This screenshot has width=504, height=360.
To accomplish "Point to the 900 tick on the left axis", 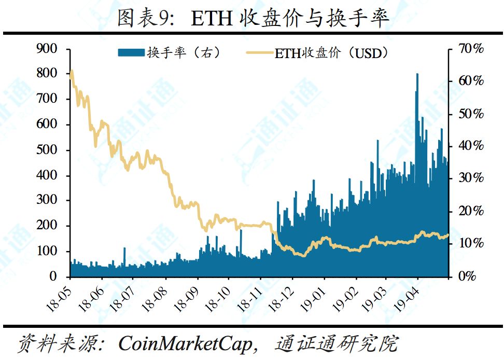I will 47,49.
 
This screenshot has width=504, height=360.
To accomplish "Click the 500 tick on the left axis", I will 47,150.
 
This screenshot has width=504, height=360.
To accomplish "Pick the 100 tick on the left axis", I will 47,252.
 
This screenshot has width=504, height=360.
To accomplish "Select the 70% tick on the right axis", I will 471,49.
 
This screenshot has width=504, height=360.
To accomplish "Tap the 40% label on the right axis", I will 471,146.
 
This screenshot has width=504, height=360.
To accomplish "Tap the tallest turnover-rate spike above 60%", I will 417,75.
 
